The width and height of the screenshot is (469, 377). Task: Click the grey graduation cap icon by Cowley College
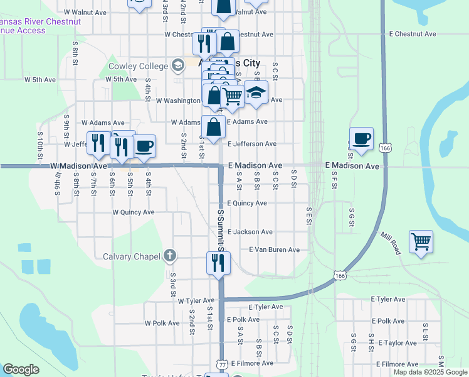177,65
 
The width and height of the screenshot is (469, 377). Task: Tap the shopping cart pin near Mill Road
421,241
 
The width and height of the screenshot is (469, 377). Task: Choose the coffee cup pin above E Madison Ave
362,139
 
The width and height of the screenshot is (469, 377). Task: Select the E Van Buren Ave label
274,249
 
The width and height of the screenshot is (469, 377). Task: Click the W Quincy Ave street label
134,212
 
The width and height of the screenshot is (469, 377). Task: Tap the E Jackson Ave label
250,232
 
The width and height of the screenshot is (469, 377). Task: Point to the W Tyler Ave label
196,301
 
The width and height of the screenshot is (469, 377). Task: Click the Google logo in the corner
21,369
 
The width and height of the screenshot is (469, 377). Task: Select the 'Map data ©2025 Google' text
430,372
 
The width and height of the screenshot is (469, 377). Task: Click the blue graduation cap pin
256,93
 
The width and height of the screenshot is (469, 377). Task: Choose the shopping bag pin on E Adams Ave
214,126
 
